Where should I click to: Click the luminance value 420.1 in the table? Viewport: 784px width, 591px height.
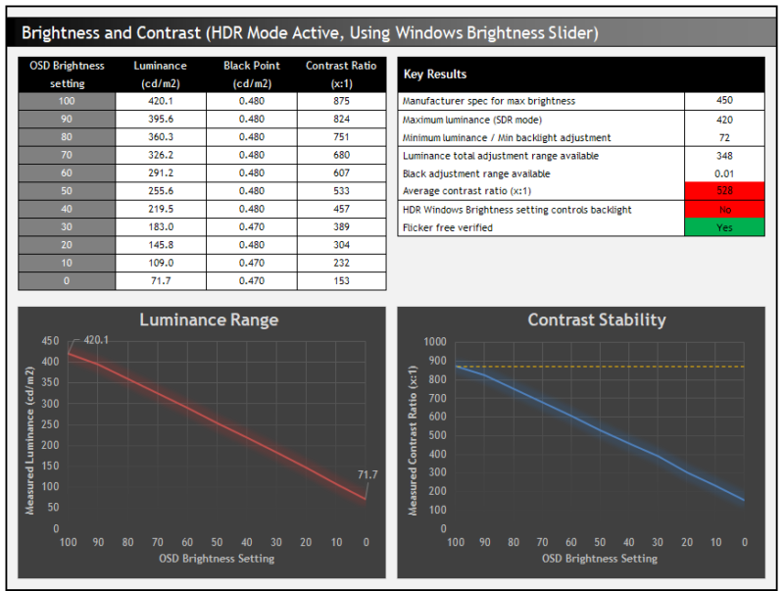coord(160,101)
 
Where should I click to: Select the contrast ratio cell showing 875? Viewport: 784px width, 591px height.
coord(341,101)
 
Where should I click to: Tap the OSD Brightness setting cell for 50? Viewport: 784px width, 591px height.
coord(67,191)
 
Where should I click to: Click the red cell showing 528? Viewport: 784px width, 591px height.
coord(724,191)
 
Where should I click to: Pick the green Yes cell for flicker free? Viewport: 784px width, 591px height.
coord(724,228)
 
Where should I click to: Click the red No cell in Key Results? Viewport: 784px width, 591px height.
coord(724,210)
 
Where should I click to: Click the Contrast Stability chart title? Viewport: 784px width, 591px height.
coord(596,320)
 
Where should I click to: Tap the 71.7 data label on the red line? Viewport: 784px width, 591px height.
coord(367,474)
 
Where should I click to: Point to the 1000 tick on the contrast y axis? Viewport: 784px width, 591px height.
coord(432,342)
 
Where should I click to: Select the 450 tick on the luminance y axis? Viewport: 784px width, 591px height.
coord(49,342)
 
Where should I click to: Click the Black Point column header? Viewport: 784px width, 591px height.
coord(251,74)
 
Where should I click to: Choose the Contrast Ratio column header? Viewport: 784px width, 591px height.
coord(341,74)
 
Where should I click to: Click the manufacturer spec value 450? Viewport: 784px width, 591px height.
coord(724,100)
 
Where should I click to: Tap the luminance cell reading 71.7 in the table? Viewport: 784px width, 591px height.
coord(160,281)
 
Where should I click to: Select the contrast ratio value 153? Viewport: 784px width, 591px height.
coord(341,281)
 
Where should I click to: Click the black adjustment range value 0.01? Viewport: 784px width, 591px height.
coord(724,173)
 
